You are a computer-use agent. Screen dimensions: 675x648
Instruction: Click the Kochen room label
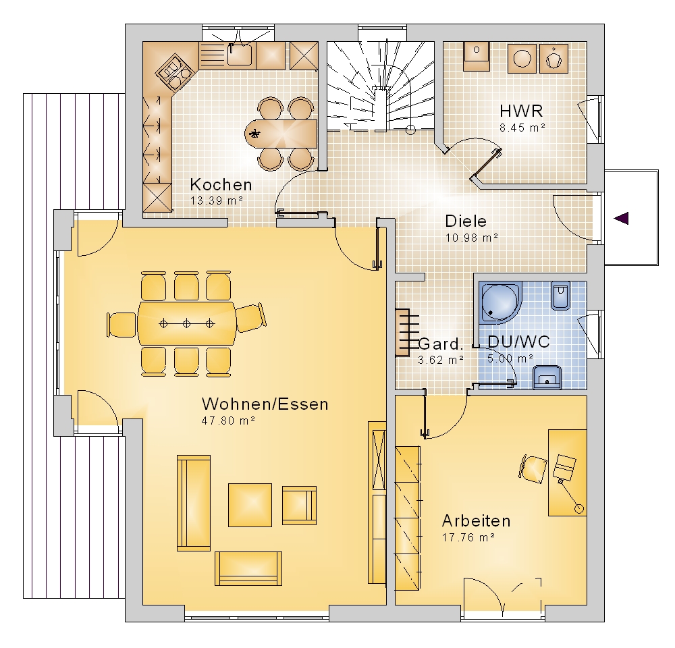pos(221,185)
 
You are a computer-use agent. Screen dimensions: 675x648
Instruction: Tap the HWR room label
pos(521,111)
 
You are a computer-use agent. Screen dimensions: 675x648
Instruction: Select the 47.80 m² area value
pos(228,421)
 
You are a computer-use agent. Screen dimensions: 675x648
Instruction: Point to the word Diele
pos(466,221)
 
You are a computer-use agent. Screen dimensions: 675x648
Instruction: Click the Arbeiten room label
pos(476,521)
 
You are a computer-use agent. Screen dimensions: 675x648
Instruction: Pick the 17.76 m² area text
pos(468,537)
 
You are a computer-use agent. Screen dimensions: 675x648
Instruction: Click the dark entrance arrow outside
pos(621,218)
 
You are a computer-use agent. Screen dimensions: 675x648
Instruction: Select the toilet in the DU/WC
pos(560,296)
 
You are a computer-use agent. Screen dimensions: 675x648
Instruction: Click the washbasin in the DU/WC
pos(547,377)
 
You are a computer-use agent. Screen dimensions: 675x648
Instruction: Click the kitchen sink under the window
pos(240,55)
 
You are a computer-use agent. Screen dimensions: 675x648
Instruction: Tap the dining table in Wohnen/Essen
pos(187,323)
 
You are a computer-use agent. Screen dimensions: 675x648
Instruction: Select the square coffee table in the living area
pos(250,505)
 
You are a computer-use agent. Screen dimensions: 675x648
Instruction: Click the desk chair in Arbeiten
pos(533,468)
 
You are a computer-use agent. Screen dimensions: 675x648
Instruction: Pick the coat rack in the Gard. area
pos(407,332)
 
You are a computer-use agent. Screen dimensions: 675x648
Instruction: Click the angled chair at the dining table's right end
pos(251,318)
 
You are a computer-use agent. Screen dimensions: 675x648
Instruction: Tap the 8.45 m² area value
pos(522,128)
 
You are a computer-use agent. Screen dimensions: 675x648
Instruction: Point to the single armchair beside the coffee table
pos(299,506)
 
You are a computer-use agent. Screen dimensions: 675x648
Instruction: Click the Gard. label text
pos(441,344)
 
